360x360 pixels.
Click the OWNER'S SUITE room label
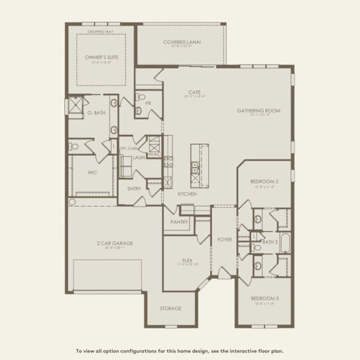101,57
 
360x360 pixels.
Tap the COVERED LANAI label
182,42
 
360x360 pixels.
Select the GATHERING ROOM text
258,111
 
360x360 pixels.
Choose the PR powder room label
148,103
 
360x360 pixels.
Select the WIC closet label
92,171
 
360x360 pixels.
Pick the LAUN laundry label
139,157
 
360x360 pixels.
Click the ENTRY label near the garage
134,188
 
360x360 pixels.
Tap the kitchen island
199,165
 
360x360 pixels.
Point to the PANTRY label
179,222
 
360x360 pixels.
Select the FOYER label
224,239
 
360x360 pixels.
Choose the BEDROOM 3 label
264,298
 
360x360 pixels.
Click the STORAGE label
170,308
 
